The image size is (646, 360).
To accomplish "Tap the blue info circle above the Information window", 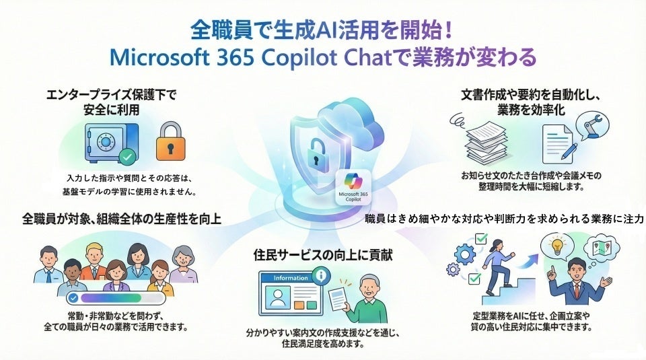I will click(321, 275).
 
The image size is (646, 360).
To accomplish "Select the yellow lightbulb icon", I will click(558, 246).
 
